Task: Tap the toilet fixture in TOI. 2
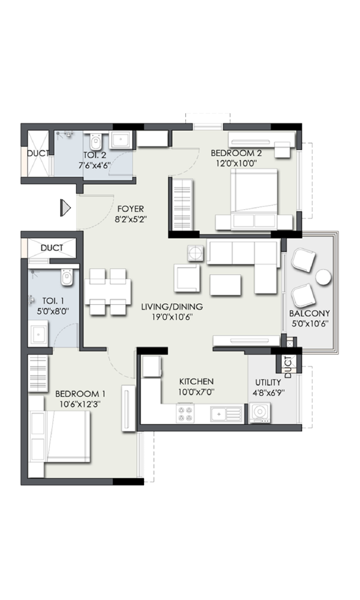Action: [95, 142]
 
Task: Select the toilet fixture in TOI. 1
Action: [67, 277]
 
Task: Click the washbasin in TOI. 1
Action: [38, 334]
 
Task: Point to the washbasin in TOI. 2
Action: [121, 140]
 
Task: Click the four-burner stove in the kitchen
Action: [185, 413]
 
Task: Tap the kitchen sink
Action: [226, 414]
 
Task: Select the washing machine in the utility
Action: [260, 413]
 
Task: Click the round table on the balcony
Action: [323, 277]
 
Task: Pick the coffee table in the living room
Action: [226, 284]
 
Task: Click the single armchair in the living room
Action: [187, 277]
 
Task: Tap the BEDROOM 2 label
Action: [236, 153]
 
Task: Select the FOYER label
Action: [130, 209]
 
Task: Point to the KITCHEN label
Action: [196, 382]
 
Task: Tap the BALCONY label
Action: [310, 313]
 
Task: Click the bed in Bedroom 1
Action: [59, 437]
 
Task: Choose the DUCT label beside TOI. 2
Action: [38, 154]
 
